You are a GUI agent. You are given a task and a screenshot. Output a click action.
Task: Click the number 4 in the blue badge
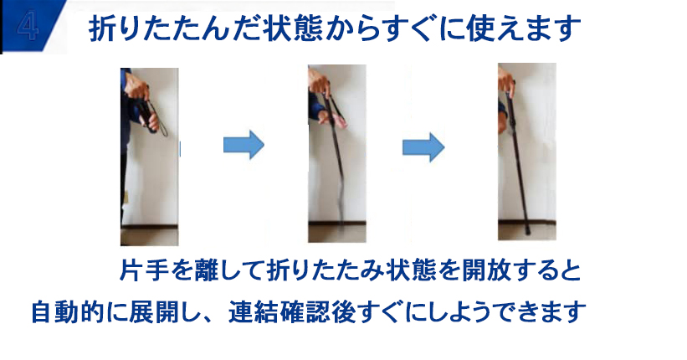[28, 27]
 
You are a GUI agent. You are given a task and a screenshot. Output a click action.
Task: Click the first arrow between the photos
[244, 144]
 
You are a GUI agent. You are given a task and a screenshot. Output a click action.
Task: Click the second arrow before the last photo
[423, 147]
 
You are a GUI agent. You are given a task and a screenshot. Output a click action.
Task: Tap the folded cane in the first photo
[149, 116]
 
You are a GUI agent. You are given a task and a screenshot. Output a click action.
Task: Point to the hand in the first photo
[136, 87]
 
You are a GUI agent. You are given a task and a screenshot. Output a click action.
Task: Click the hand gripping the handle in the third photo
[507, 81]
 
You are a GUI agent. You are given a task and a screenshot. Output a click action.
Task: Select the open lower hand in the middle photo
[333, 118]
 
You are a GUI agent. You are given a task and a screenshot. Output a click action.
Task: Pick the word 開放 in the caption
[474, 270]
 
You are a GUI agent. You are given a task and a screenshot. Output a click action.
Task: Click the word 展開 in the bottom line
[153, 312]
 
